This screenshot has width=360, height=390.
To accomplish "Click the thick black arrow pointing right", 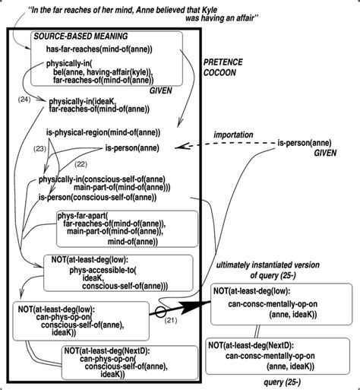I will [182, 310].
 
